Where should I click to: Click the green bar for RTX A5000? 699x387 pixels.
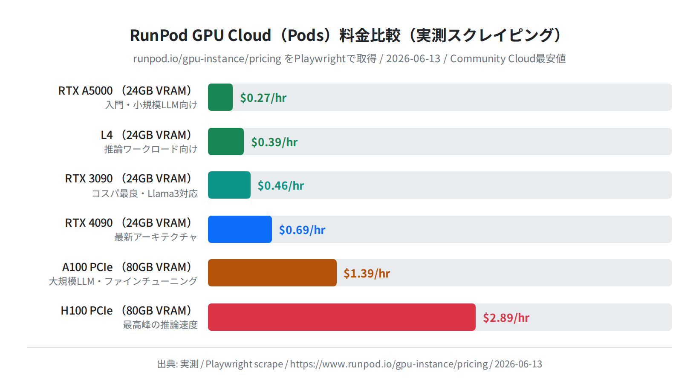(220, 97)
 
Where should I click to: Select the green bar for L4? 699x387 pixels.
(226, 142)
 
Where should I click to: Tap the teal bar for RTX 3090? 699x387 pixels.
(229, 185)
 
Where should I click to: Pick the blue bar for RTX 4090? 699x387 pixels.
(240, 229)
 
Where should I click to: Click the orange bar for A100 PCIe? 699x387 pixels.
(272, 273)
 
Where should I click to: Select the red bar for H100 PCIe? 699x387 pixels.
(342, 317)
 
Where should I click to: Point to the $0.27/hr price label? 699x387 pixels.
(263, 98)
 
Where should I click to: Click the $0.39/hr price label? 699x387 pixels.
(274, 142)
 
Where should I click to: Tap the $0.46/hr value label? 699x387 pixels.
(281, 186)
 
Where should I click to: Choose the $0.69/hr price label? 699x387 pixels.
(302, 230)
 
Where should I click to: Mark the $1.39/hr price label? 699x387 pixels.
(367, 273)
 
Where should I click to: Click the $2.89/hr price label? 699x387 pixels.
(506, 318)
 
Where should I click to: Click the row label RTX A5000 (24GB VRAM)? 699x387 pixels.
(125, 90)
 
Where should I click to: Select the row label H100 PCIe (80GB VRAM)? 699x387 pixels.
(126, 311)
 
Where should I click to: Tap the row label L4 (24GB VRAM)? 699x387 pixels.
(146, 135)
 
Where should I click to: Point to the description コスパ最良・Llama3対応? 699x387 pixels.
(145, 193)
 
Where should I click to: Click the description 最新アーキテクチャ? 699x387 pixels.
(156, 237)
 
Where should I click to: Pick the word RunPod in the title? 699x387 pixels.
(159, 35)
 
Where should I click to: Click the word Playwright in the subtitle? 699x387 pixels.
(320, 59)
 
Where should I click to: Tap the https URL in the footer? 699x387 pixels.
(389, 364)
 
